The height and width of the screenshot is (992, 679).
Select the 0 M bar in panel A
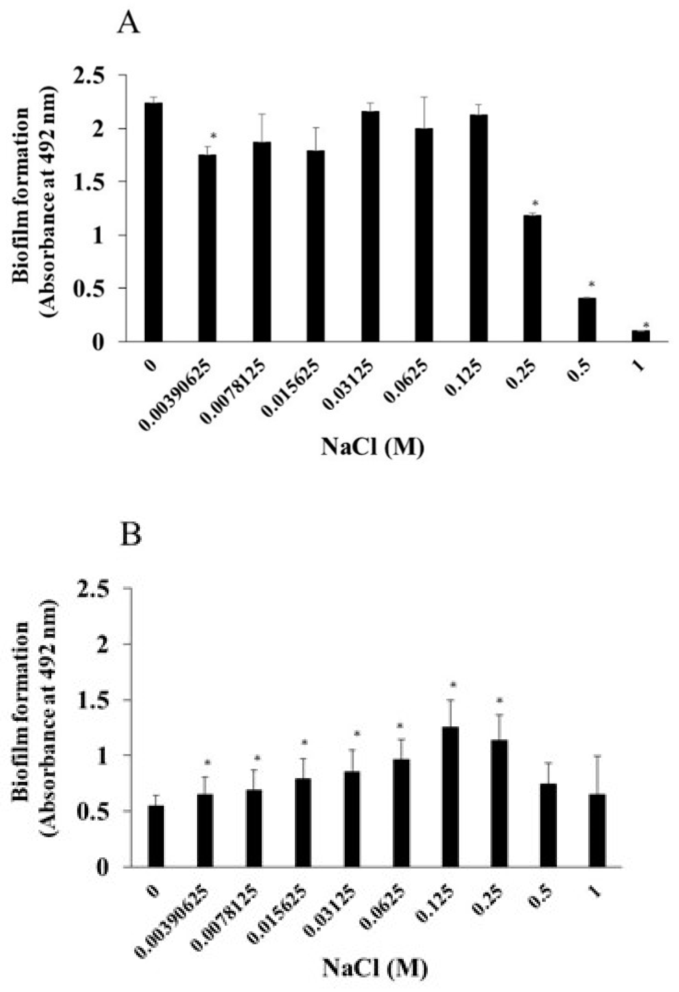click(x=153, y=222)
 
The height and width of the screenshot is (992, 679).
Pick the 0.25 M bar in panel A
click(x=532, y=278)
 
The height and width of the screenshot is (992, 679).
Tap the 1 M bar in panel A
click(x=641, y=335)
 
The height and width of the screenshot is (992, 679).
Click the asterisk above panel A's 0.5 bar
click(x=592, y=284)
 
